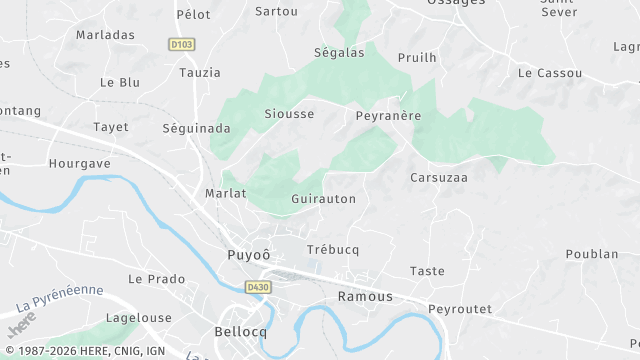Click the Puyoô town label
pyautogui.click(x=249, y=255)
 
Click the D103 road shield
pyautogui.click(x=181, y=44)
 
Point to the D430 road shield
pyautogui.click(x=259, y=287)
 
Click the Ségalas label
pyautogui.click(x=339, y=53)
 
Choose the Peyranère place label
pyautogui.click(x=388, y=116)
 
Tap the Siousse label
pyautogui.click(x=289, y=114)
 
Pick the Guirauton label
pyautogui.click(x=323, y=199)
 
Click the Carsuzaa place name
pyautogui.click(x=439, y=177)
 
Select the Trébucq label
pyautogui.click(x=333, y=249)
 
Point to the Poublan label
pyautogui.click(x=592, y=254)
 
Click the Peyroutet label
pyautogui.click(x=459, y=309)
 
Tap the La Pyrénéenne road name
pyautogui.click(x=60, y=297)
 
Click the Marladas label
pyautogui.click(x=105, y=34)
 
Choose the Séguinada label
pyautogui.click(x=189, y=128)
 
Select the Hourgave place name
pyautogui.click(x=79, y=162)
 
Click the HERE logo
pyautogui.click(x=21, y=324)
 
